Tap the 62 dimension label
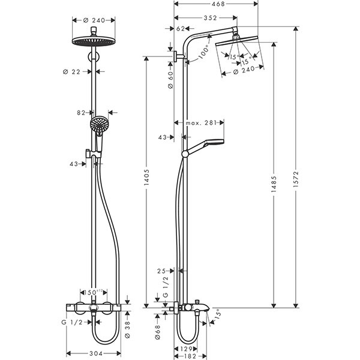pos(181,28)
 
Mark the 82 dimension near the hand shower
pos(82,112)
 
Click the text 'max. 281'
pos(200,123)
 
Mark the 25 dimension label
pos(162,271)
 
